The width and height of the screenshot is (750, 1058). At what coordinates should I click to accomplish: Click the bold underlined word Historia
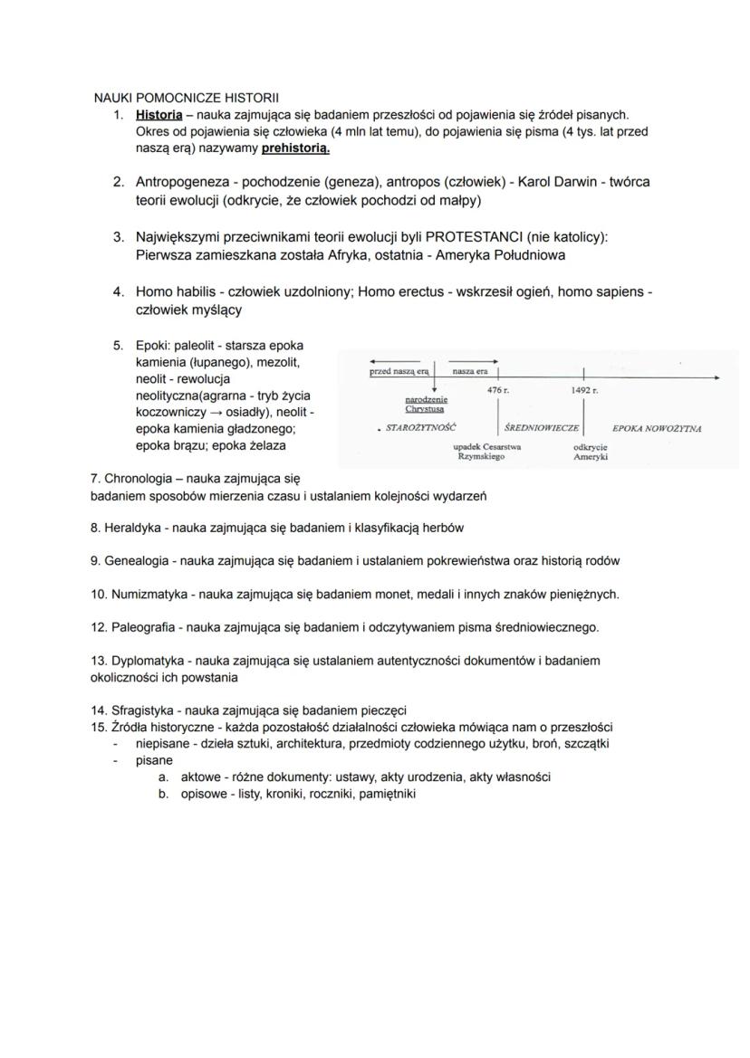159,115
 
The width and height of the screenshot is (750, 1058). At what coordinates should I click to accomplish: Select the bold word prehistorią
295,147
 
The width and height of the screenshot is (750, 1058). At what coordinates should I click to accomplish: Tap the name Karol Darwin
557,182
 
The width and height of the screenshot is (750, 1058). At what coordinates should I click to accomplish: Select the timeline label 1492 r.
584,390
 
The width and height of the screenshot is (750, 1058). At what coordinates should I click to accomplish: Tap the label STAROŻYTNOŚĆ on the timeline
420,427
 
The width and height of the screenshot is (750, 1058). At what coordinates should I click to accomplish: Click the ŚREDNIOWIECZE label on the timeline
541,428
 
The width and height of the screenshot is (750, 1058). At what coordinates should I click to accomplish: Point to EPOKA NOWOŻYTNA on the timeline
657,428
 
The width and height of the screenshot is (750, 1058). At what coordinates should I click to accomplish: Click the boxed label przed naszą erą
399,372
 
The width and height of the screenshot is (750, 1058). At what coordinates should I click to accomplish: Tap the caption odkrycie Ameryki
590,452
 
